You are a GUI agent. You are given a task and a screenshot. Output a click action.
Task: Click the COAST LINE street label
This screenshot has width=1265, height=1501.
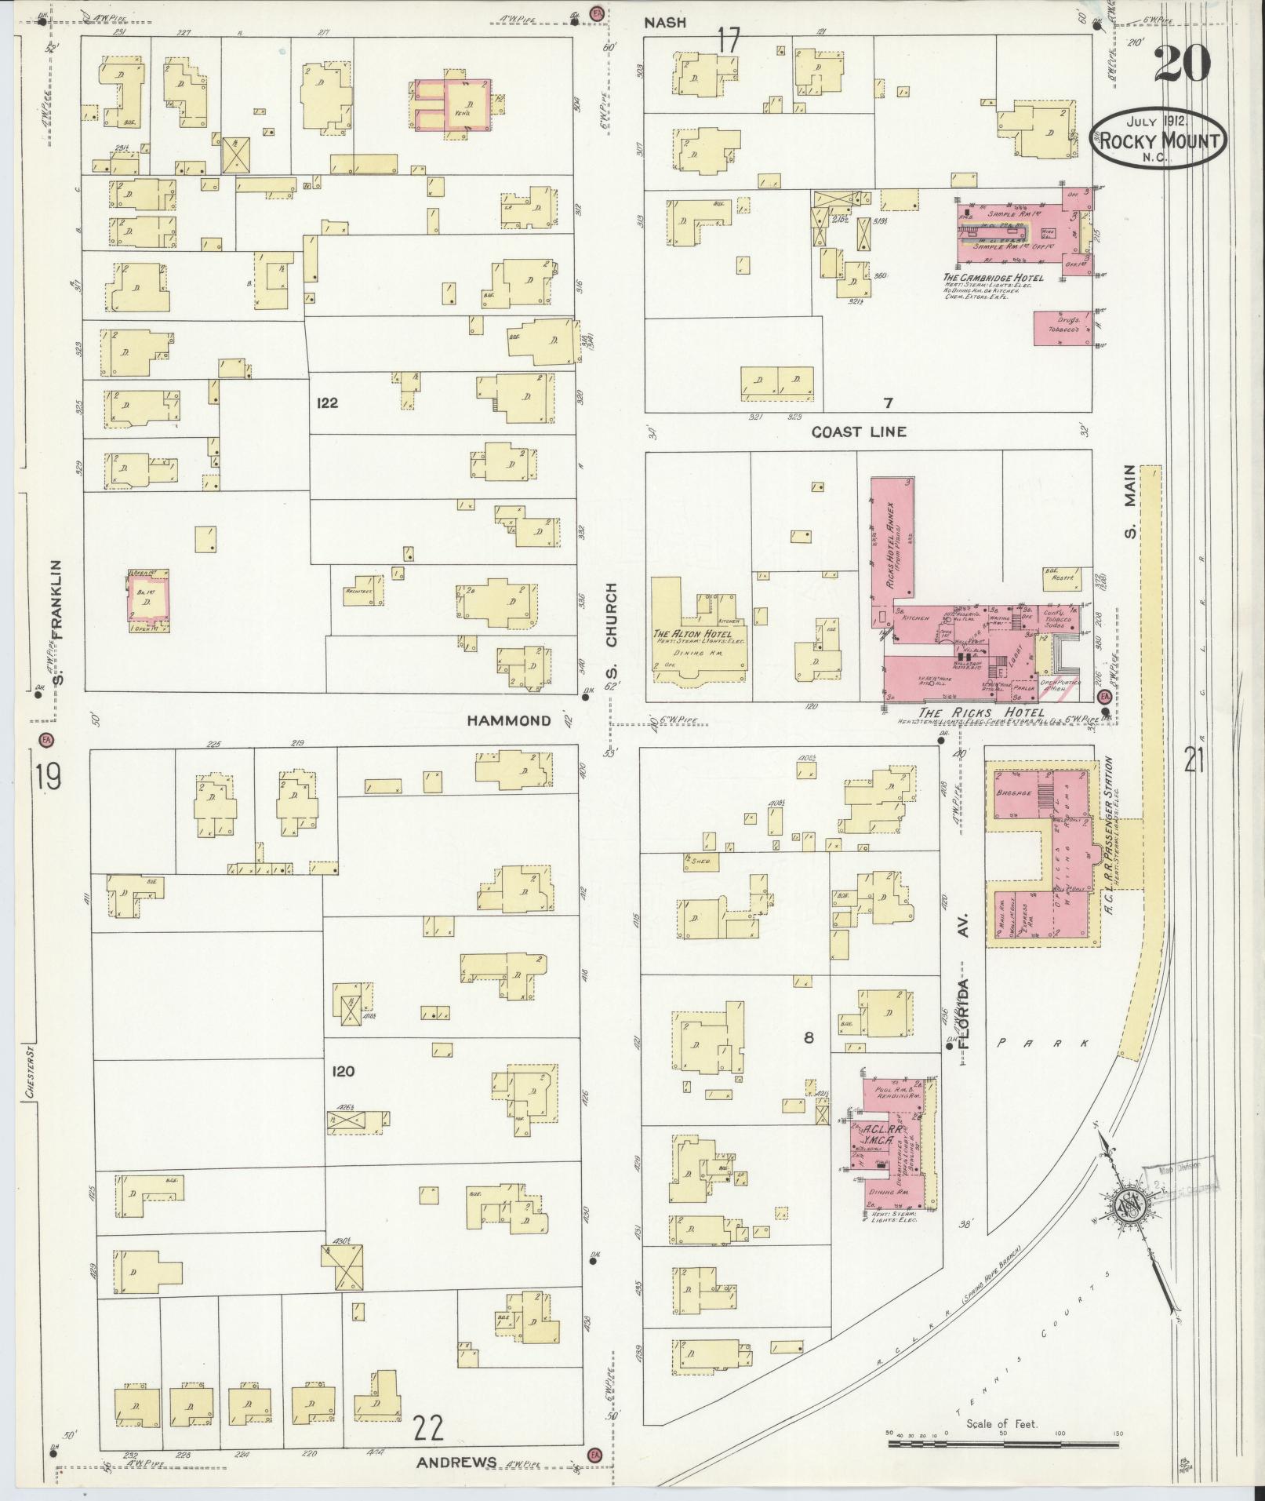tap(859, 432)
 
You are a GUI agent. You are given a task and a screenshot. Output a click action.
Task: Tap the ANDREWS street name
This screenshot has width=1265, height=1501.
tap(456, 1462)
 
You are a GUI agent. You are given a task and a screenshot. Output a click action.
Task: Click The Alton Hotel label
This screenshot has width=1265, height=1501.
tap(692, 634)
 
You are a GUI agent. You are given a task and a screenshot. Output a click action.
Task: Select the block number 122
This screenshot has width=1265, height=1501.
tap(327, 403)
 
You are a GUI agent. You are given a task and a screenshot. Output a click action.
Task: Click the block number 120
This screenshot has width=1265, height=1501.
tap(344, 1071)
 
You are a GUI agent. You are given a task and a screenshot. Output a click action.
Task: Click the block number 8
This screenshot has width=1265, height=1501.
tap(809, 1037)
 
